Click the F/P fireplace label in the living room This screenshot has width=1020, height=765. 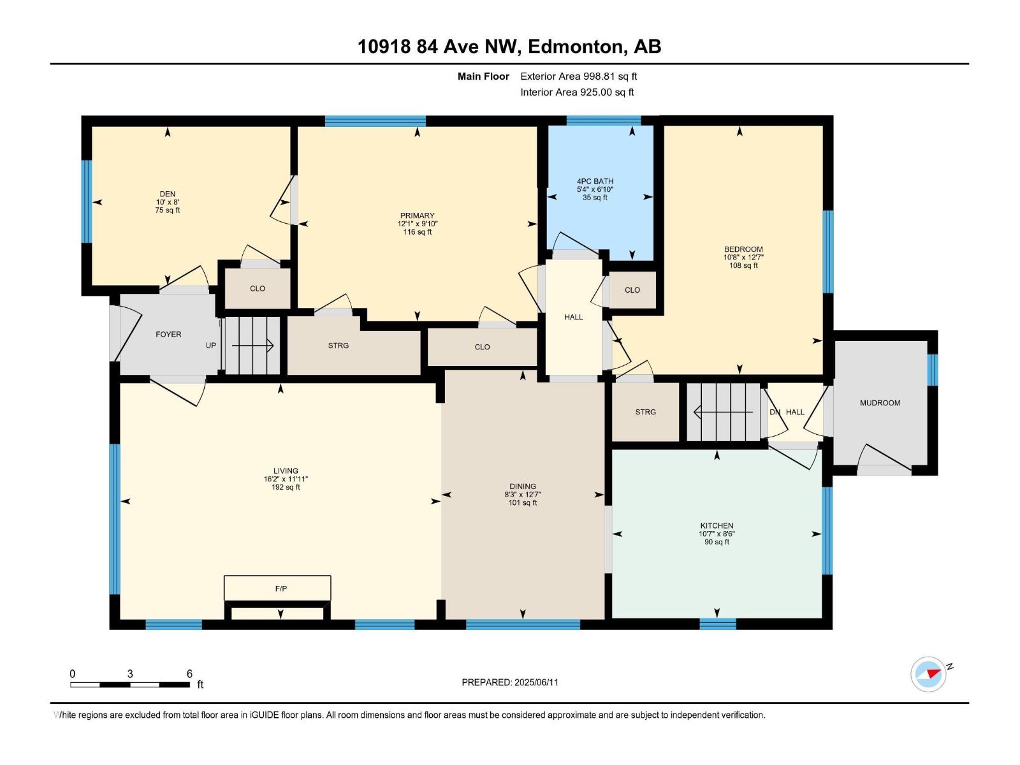280,588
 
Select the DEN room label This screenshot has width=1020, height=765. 168,194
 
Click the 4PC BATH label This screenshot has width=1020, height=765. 595,181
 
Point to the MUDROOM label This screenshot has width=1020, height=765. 880,403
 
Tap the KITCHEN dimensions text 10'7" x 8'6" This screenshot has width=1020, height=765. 717,534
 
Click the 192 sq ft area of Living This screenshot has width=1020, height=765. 286,487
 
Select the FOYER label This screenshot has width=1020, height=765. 168,334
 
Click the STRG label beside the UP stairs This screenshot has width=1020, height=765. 338,346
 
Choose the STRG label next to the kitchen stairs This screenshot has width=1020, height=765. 645,412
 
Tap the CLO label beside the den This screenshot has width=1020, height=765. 258,289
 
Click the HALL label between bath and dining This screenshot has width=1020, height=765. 573,317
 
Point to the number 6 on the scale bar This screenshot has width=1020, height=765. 189,673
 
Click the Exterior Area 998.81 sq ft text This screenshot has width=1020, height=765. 578,76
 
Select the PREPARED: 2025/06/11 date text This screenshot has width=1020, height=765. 510,682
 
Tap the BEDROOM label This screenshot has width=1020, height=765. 743,249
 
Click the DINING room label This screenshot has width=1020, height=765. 523,486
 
